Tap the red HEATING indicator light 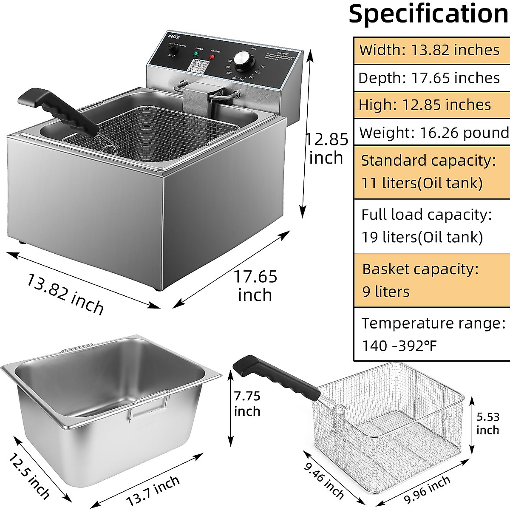pyautogui.click(x=212, y=57)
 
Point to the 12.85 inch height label pyautogui.click(x=326, y=148)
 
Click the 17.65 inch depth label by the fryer pyautogui.click(x=255, y=285)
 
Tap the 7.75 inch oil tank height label pyautogui.click(x=247, y=404)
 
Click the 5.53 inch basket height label pyautogui.click(x=487, y=423)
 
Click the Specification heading pyautogui.click(x=428, y=14)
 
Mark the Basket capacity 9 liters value pyautogui.click(x=386, y=292)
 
